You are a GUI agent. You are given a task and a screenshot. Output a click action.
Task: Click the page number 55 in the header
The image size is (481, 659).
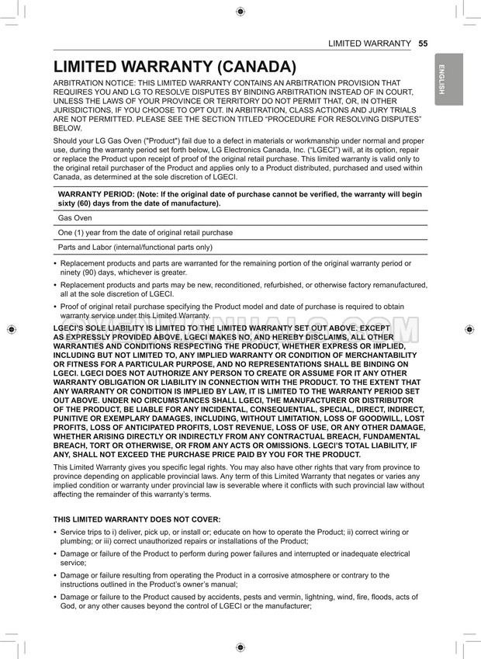coord(423,43)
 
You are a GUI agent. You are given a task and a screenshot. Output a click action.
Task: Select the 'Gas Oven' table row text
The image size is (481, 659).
coord(74,218)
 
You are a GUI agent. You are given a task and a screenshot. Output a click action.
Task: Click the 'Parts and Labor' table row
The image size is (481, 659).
coord(135,247)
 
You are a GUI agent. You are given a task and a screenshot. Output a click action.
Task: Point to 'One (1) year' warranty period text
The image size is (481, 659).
coord(145,232)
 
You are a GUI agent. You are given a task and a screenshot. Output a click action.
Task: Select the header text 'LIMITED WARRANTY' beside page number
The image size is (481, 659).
coord(369,43)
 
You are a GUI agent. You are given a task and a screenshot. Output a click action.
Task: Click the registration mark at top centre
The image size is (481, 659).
coord(240,11)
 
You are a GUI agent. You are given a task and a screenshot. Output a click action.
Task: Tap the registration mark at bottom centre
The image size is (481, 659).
coord(240,647)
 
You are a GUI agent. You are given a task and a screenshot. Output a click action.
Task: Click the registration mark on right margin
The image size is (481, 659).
coord(470,330)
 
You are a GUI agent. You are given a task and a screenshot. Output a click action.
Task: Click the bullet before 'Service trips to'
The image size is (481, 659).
coord(54,532)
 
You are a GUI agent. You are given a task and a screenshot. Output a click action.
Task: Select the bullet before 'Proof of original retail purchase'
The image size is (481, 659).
coord(54,307)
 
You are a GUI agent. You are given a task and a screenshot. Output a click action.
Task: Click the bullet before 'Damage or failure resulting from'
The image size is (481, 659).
coord(54,575)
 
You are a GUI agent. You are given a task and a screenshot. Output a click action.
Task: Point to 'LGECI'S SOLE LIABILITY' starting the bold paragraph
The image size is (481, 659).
coord(100,328)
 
